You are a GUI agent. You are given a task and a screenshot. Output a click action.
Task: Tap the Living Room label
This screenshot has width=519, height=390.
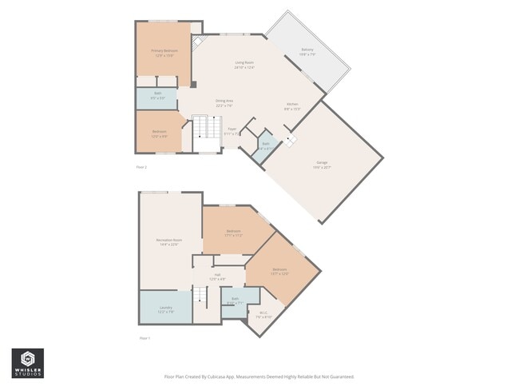244,64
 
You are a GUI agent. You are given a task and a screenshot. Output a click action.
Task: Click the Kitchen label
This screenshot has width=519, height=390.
293,106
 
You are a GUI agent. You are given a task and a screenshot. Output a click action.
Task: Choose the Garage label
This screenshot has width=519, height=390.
320,164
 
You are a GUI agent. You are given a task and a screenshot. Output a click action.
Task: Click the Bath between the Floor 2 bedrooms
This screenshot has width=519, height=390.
158,95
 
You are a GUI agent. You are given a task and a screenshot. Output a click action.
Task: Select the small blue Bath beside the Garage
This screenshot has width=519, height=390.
266,145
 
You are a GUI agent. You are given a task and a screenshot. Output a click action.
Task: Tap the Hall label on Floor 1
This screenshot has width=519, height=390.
216,276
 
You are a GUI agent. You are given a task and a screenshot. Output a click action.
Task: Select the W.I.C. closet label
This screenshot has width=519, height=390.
263,314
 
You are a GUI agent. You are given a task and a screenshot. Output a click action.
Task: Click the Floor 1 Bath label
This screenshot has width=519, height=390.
235,300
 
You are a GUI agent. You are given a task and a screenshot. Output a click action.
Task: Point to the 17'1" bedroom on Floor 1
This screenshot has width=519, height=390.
233,233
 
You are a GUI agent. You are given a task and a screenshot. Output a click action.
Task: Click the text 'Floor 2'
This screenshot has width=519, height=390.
141,167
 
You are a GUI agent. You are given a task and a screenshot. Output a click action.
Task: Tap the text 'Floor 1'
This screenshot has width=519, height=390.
145,339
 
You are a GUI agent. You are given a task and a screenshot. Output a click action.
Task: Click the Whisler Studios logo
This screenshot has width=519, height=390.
27,364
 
